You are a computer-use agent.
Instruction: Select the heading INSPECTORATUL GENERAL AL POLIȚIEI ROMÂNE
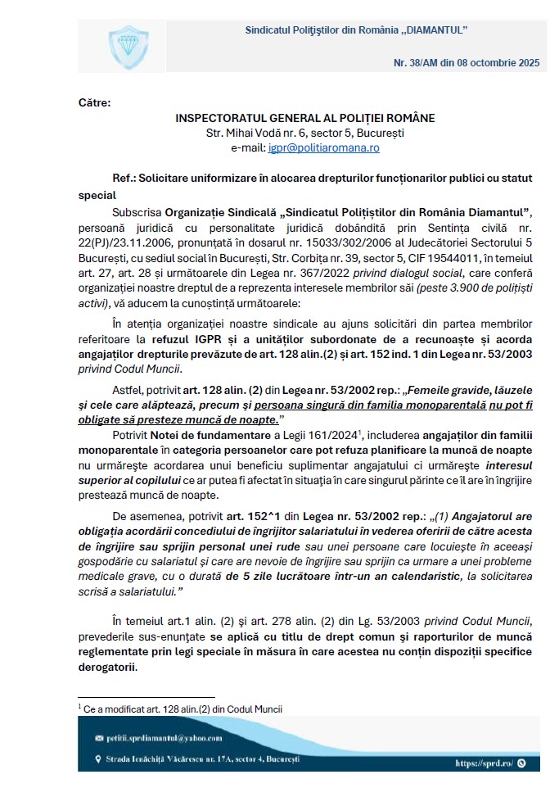tap(305, 118)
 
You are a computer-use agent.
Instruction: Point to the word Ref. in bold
tap(123, 176)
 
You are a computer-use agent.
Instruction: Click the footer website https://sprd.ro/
tap(484, 763)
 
